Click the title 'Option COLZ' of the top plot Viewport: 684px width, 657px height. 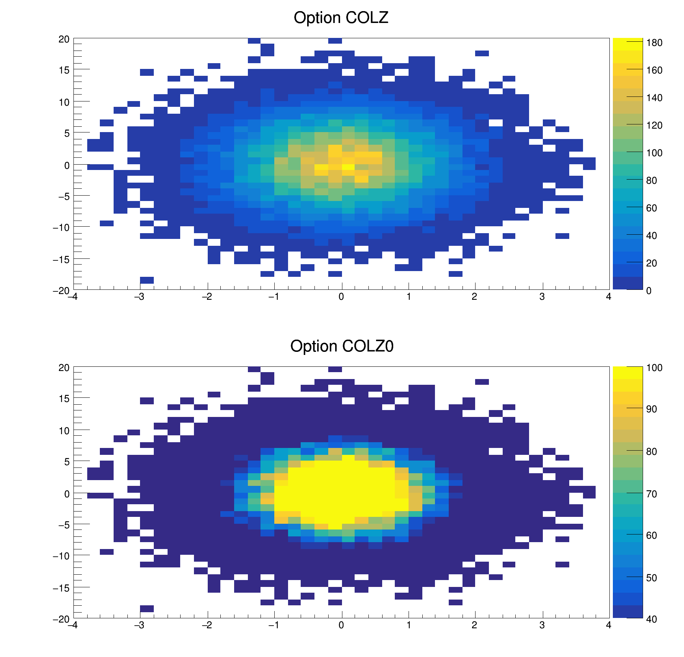pos(341,18)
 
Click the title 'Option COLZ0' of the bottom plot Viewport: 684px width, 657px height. pos(342,346)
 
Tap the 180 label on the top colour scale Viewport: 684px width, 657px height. pos(654,43)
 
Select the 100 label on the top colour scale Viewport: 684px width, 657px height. pos(654,153)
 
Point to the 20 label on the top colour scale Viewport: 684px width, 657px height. pos(651,263)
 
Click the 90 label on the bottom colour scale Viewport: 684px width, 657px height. pos(651,409)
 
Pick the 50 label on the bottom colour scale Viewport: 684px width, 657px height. pos(651,578)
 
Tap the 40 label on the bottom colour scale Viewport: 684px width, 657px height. pos(651,619)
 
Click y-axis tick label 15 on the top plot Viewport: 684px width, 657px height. pos(64,70)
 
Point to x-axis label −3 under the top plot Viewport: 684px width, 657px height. pos(139,297)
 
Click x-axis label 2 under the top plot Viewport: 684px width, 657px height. pos(474,297)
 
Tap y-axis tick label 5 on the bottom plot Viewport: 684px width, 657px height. pos(67,462)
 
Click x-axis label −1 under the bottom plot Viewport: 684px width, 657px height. pos(274,625)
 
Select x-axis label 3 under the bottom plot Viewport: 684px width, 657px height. pos(542,625)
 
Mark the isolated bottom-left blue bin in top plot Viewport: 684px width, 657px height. pos(147,280)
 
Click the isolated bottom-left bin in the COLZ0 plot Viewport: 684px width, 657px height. pos(147,609)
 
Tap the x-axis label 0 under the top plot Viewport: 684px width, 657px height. pos(341,297)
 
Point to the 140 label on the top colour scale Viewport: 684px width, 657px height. pos(654,98)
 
